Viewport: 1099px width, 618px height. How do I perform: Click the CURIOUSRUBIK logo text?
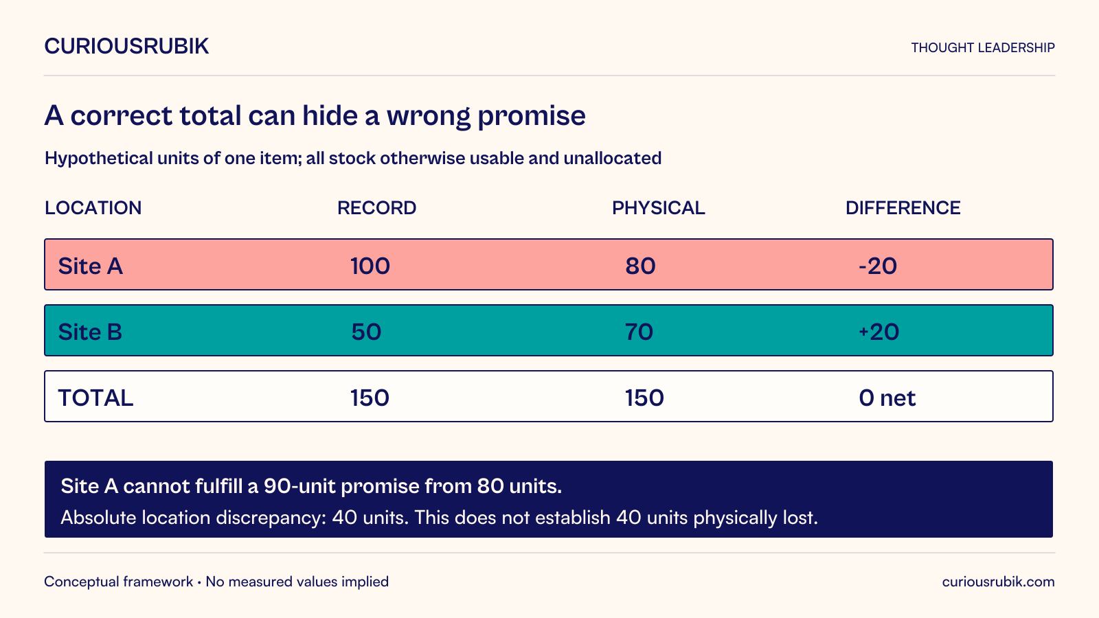pos(126,46)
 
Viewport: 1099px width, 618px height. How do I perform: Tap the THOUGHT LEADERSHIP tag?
pos(983,47)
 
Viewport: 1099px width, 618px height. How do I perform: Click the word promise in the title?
pos(532,116)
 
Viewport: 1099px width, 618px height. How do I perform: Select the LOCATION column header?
pos(93,208)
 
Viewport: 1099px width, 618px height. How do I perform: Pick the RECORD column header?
pos(377,208)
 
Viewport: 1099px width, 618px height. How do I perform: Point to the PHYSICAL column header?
pos(659,208)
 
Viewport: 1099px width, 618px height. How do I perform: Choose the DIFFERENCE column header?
pos(903,208)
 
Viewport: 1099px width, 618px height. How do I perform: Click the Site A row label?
pos(90,266)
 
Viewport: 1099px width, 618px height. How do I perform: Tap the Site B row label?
pos(90,332)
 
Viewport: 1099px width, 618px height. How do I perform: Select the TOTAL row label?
pos(95,398)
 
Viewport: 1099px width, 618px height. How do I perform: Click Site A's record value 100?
pos(370,266)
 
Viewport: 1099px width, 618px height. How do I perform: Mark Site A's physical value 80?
pos(640,266)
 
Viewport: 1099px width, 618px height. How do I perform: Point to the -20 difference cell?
pos(878,266)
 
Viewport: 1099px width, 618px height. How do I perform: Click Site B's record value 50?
pos(366,332)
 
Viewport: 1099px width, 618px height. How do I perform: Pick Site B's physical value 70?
pos(639,332)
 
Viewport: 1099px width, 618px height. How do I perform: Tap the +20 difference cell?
pos(879,332)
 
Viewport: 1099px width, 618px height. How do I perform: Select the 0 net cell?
pos(887,398)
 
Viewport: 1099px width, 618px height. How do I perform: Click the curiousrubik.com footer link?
pos(999,582)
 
